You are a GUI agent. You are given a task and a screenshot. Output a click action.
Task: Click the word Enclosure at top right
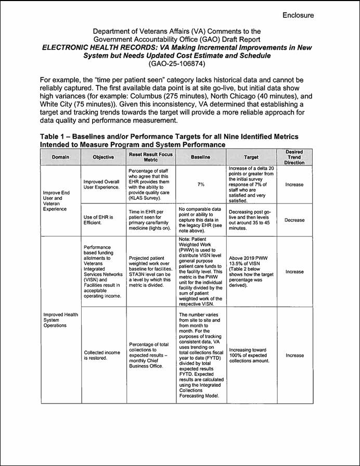click(x=298, y=15)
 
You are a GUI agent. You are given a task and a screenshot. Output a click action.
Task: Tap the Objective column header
click(x=103, y=157)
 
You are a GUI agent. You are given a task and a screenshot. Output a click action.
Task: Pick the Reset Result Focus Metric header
click(x=150, y=157)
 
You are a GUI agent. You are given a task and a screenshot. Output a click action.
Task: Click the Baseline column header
click(x=200, y=157)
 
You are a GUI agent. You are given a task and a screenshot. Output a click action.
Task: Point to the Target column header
click(x=251, y=157)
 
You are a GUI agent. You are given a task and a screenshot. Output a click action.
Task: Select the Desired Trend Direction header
click(x=294, y=157)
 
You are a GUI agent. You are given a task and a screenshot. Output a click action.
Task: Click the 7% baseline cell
click(x=200, y=184)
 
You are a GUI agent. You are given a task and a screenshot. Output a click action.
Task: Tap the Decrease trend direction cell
click(x=294, y=220)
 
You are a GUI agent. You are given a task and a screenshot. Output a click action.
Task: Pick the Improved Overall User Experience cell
click(x=101, y=184)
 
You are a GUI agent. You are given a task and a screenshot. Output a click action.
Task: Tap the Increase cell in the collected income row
click(x=294, y=355)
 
